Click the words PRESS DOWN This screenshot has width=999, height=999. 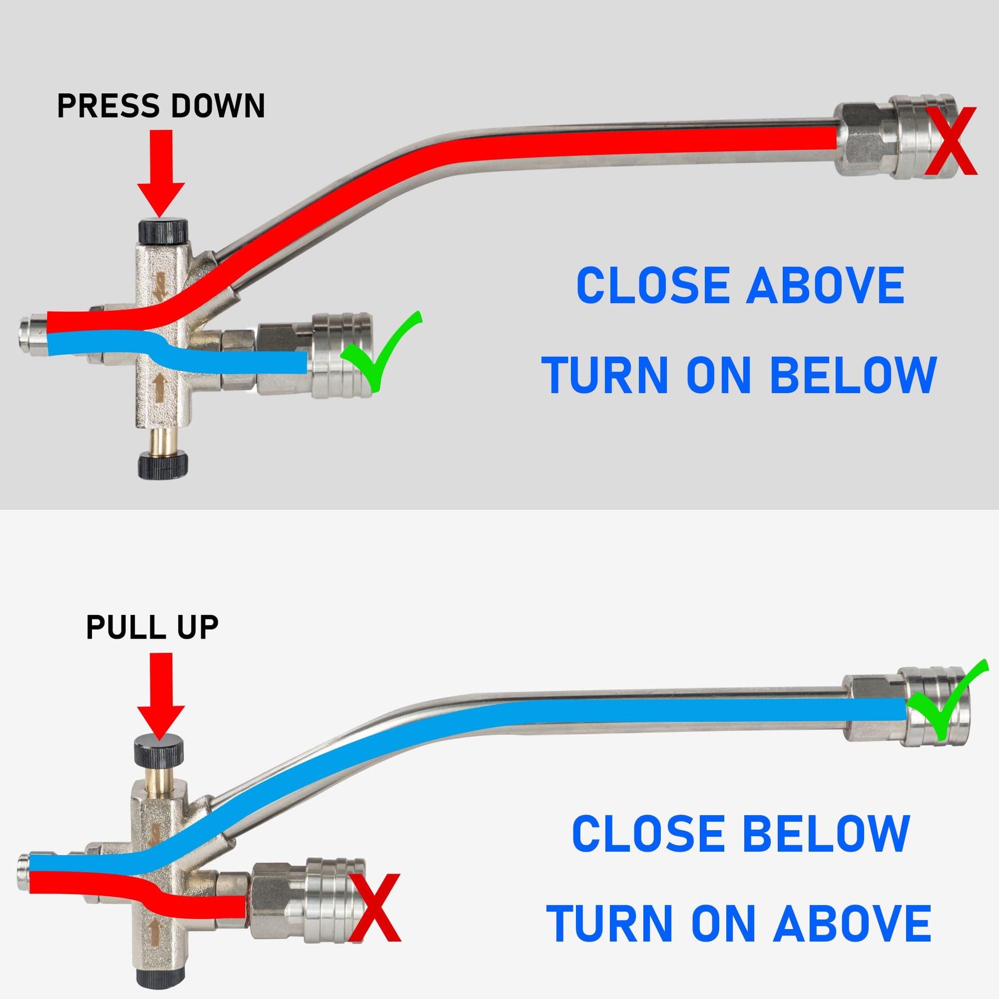pyautogui.click(x=161, y=106)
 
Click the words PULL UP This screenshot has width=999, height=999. pyautogui.click(x=152, y=627)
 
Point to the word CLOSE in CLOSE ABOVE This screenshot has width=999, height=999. pyautogui.click(x=652, y=285)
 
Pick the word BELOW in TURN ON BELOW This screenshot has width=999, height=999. pyautogui.click(x=853, y=374)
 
